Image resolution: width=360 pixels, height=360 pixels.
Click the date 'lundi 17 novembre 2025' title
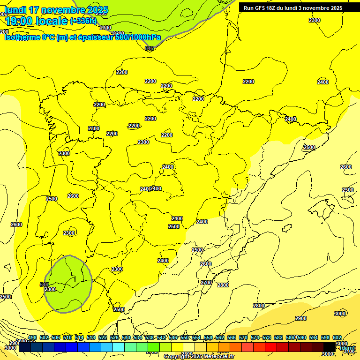click(56, 10)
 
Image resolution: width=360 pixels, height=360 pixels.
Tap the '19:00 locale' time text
click(36, 21)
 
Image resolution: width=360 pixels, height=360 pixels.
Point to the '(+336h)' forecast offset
click(83, 21)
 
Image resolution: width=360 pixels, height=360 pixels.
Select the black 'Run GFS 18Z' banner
click(299, 7)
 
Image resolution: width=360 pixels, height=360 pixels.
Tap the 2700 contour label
click(206, 283)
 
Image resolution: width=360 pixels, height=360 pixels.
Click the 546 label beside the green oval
click(44, 285)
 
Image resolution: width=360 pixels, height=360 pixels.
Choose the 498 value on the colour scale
click(32, 337)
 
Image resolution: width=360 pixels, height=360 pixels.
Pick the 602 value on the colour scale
click(337, 337)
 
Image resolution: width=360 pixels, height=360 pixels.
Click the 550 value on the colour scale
click(185, 337)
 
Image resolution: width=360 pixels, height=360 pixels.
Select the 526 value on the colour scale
click(114, 337)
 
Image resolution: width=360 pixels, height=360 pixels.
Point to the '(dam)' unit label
click(347, 348)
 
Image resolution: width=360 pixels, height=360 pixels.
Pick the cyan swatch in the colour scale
click(118, 347)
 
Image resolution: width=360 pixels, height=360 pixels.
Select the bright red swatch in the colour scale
click(270, 347)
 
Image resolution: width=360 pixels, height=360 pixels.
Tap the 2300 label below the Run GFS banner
click(315, 20)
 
